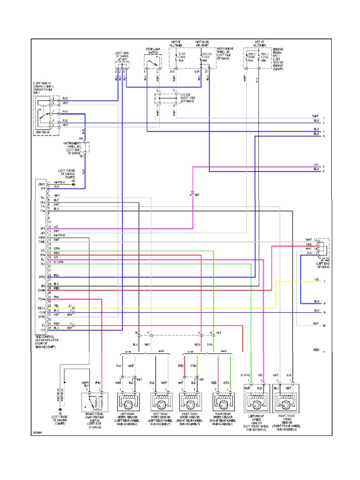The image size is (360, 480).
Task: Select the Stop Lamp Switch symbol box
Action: (152, 61)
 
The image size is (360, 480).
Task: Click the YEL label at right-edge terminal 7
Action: (317, 280)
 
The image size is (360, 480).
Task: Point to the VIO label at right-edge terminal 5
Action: (316, 165)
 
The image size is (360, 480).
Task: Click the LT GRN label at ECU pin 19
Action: (58, 261)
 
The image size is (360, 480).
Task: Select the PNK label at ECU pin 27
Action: (56, 297)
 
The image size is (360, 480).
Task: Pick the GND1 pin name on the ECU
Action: (42, 184)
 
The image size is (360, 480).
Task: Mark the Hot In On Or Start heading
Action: (202, 44)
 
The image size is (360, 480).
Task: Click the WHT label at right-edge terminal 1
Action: (316, 117)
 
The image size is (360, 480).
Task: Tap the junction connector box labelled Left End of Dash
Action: (323, 248)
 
